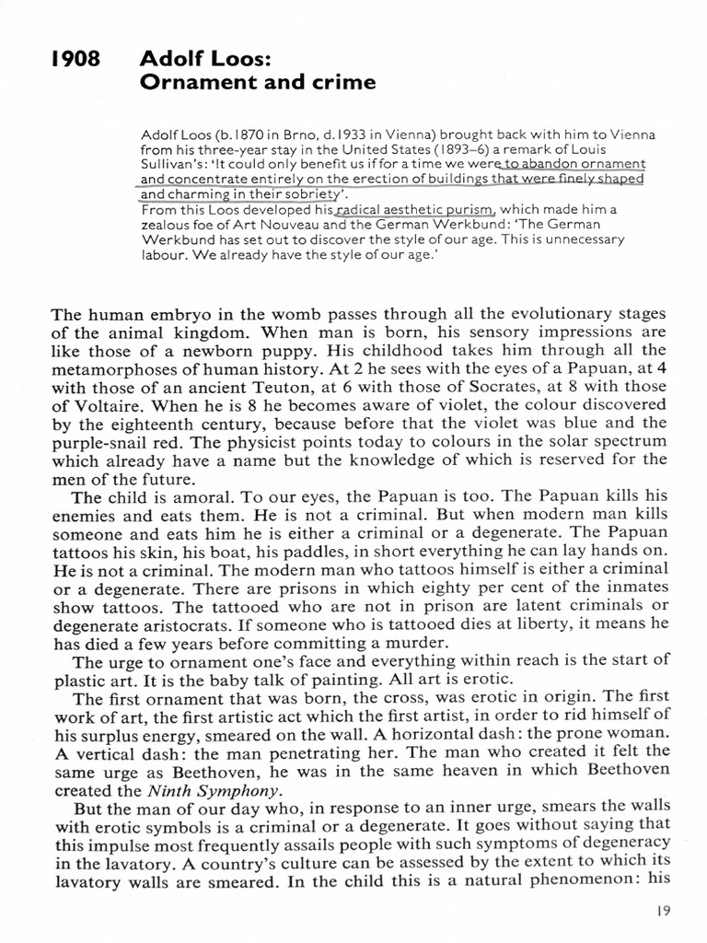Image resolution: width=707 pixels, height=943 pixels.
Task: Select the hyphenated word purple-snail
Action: click(98, 444)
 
